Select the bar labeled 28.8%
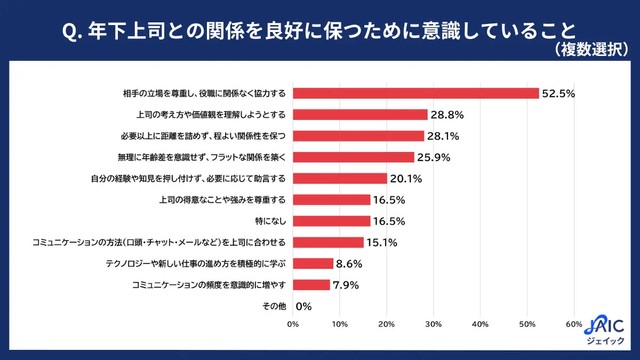360,114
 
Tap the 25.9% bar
353,157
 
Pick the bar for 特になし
331,221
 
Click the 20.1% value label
405,179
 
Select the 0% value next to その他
304,306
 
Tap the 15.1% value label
382,242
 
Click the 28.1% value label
443,136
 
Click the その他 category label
273,306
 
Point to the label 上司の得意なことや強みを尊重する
222,200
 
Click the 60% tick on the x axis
573,324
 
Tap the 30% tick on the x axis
433,324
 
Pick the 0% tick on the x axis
293,324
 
